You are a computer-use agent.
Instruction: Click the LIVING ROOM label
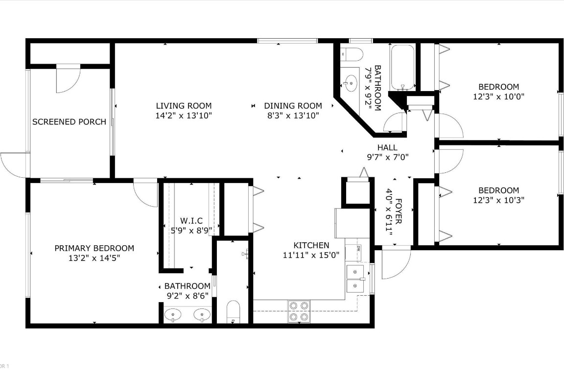click(x=184, y=106)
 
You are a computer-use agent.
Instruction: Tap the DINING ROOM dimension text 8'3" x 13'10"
click(x=293, y=116)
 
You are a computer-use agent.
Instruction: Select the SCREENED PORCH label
click(x=69, y=121)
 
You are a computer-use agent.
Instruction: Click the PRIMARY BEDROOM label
click(x=94, y=248)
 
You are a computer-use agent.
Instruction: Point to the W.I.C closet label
click(x=191, y=221)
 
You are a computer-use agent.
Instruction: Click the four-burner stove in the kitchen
click(x=299, y=311)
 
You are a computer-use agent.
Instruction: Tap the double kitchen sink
click(x=355, y=279)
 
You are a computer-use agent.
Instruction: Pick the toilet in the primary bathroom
click(x=234, y=312)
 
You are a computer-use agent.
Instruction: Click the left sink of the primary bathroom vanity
click(x=173, y=314)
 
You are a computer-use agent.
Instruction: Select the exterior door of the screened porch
click(x=15, y=164)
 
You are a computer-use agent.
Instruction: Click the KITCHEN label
click(x=311, y=245)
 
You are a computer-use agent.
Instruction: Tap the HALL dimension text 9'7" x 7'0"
click(x=388, y=157)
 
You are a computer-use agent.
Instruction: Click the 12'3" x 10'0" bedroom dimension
click(x=499, y=97)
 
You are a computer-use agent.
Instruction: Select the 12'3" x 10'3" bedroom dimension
click(x=499, y=200)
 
